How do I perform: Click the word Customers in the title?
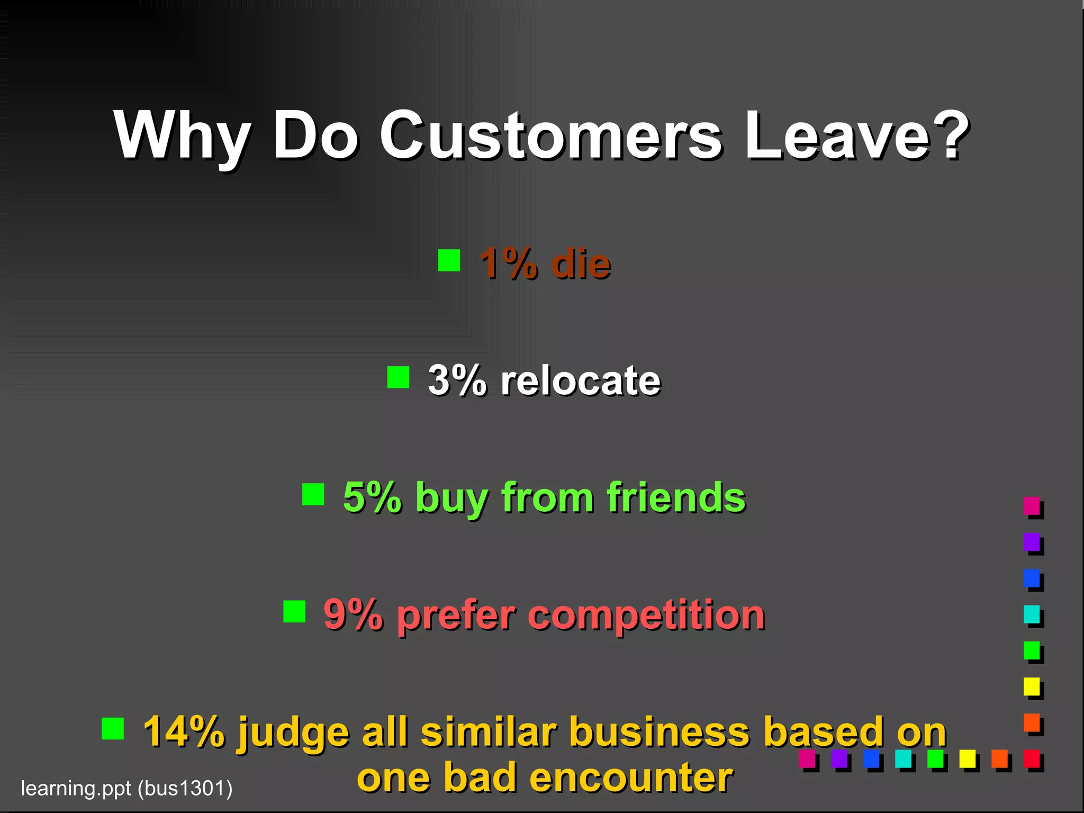point(550,136)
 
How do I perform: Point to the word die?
point(581,263)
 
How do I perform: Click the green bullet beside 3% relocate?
point(398,377)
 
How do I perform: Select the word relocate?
point(581,380)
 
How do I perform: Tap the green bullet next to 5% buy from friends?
point(313,494)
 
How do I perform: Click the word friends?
point(676,498)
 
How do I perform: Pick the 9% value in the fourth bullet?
point(353,615)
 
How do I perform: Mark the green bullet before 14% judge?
point(112,728)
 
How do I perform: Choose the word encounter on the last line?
point(631,777)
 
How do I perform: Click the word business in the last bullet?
point(659,732)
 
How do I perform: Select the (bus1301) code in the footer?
point(185,788)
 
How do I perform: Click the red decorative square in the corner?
point(1032,758)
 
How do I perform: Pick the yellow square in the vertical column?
point(1032,686)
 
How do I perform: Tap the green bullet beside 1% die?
point(449,260)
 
